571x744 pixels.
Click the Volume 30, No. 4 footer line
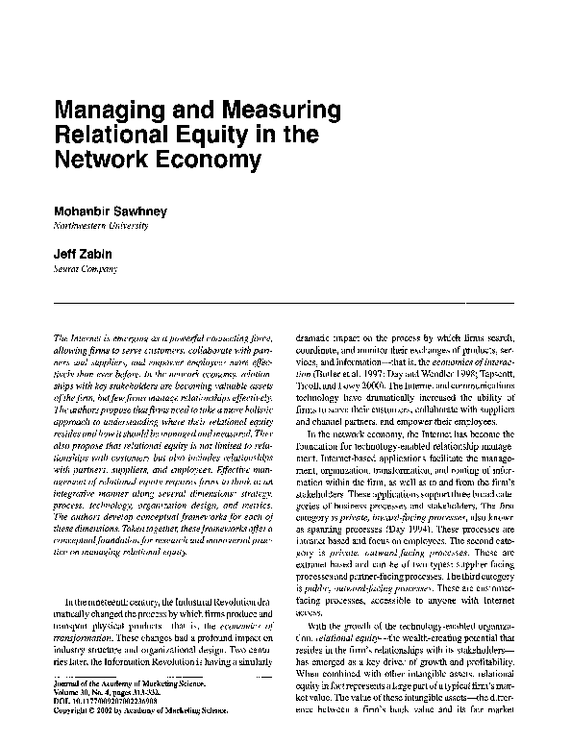112,714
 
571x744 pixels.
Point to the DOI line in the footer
112,723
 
